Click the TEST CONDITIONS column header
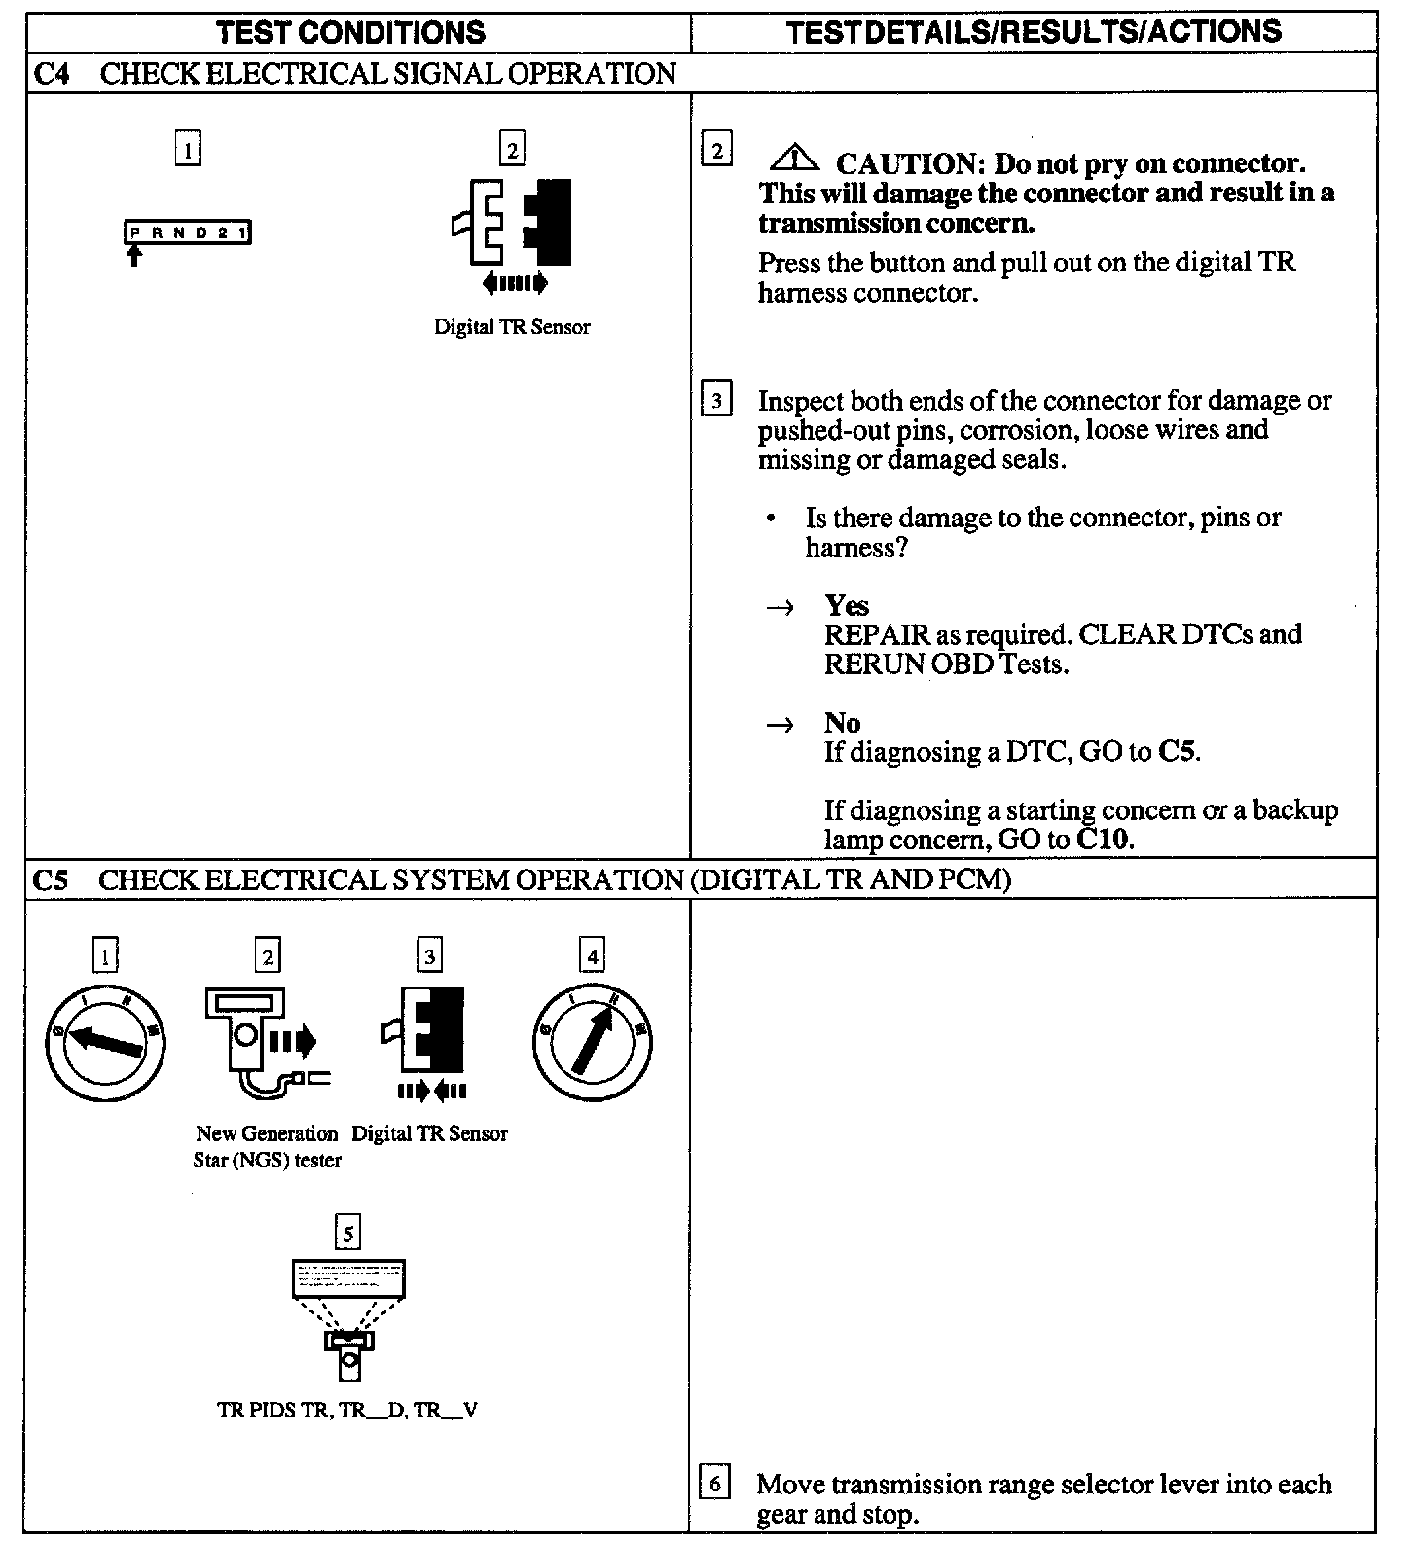351,32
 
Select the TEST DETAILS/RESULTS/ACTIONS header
1034,32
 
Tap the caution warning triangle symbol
795,156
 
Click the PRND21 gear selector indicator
188,233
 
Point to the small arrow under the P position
134,256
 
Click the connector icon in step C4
512,222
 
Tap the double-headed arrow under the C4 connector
515,283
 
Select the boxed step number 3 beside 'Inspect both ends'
716,400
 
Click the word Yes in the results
847,605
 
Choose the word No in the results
843,723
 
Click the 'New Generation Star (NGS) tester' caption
267,1147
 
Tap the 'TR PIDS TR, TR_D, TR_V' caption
347,1410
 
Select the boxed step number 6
715,1484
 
